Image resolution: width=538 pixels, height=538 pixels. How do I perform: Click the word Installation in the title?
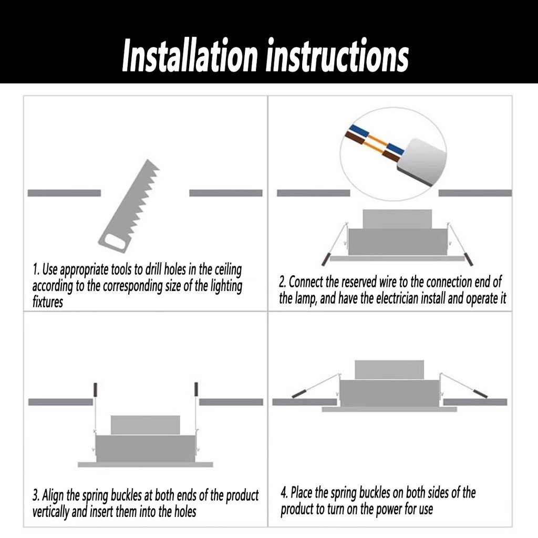coord(190,55)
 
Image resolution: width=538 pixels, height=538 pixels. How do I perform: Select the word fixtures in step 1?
coord(48,302)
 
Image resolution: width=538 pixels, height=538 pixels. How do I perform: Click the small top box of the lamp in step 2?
coord(397,219)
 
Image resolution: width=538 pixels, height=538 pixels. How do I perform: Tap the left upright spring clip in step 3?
coord(96,389)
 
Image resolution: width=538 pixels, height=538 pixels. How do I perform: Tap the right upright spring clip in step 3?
coord(196,389)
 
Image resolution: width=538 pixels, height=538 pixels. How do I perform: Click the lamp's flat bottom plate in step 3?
coord(146,464)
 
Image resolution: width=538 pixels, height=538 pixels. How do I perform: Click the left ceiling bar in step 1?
coord(64,193)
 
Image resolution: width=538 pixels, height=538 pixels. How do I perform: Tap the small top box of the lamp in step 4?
coord(389,370)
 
